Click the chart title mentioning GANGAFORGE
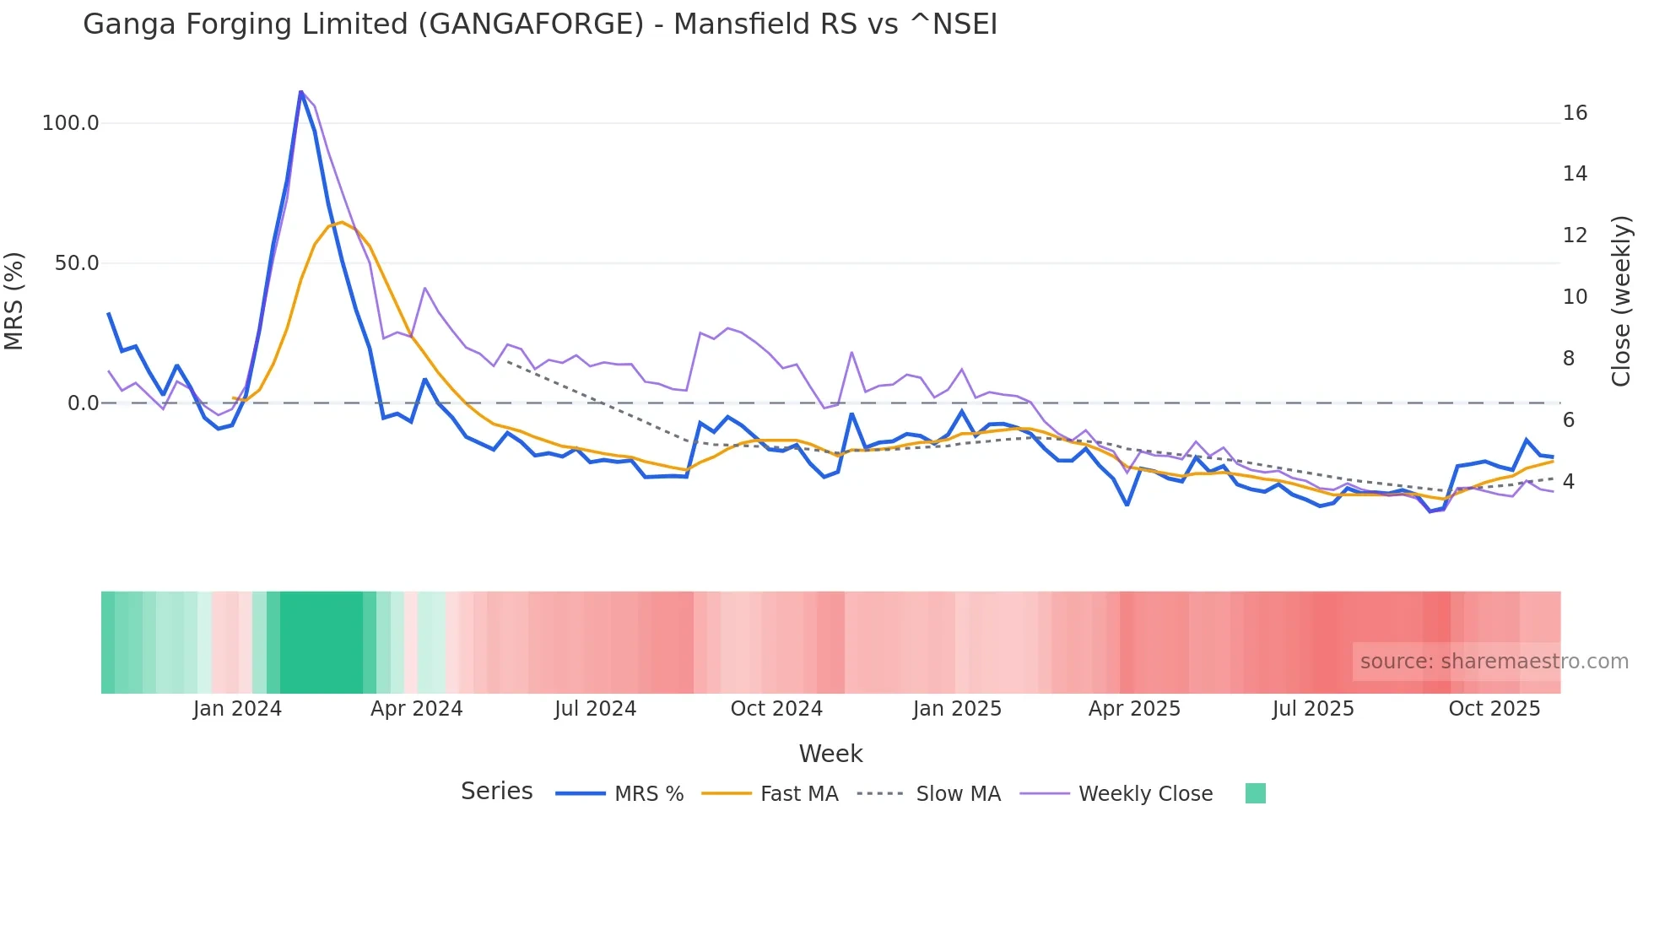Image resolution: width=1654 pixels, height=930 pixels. (540, 24)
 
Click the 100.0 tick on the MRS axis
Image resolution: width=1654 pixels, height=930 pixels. (70, 123)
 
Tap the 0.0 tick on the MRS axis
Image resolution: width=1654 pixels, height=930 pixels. (83, 403)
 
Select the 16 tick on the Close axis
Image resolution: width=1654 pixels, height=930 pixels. (1575, 113)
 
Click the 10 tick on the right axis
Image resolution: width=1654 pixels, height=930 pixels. (1575, 297)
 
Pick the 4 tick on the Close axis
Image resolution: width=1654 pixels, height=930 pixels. (1569, 482)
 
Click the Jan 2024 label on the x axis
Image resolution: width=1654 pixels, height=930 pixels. (237, 709)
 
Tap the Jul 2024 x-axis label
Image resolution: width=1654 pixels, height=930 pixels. (595, 709)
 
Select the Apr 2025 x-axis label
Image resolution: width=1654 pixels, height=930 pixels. (1134, 709)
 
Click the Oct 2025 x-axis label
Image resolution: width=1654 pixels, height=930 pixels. (1494, 709)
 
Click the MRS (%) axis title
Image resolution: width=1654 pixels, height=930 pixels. (14, 301)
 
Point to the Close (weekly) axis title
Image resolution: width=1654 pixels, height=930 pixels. (1621, 301)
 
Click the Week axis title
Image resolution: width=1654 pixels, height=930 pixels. (830, 754)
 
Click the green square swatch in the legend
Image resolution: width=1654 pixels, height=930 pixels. (1255, 793)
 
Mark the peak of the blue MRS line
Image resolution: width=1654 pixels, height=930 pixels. (301, 91)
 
